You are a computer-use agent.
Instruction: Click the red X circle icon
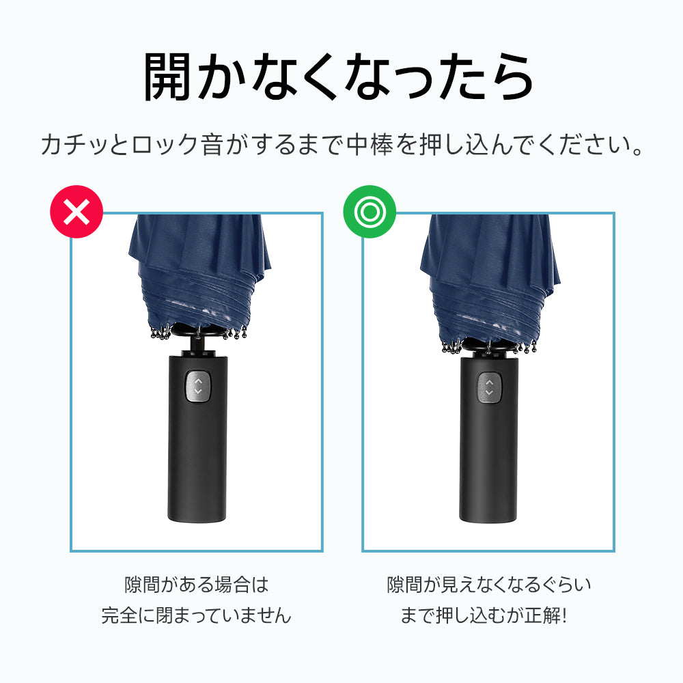[76, 212]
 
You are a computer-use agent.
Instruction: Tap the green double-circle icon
[370, 212]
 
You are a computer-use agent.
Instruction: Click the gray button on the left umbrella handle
[198, 387]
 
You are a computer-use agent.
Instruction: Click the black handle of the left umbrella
[197, 438]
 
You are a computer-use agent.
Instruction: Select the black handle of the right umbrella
[488, 437]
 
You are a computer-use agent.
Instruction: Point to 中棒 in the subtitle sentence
[370, 145]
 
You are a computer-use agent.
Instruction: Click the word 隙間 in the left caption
[143, 585]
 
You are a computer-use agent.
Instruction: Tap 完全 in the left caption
[120, 615]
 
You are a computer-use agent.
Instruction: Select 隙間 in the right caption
[405, 585]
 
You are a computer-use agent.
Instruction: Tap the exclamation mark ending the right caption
[565, 615]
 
